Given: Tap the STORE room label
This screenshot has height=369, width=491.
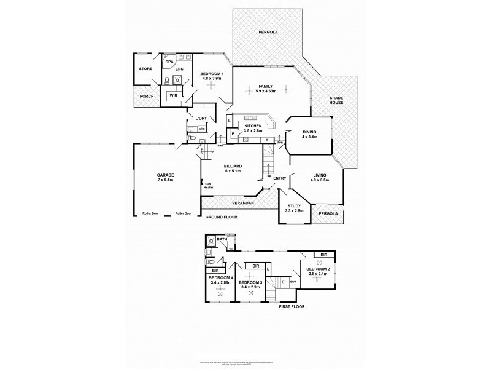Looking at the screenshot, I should [145, 69].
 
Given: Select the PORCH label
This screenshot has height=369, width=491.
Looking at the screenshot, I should [147, 96].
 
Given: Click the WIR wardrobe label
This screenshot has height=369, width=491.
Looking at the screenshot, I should [174, 96].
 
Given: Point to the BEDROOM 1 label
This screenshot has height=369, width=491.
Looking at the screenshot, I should [212, 74].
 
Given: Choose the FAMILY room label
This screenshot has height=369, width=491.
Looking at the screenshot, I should [266, 87].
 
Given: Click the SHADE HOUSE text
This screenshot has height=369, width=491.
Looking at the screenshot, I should [336, 101].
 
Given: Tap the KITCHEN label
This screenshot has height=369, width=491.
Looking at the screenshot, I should [253, 126].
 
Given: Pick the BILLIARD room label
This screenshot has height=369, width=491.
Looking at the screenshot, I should [233, 166].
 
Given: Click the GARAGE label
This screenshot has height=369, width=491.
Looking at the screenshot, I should [166, 175].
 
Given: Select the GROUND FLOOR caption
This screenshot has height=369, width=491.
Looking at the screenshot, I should [222, 218].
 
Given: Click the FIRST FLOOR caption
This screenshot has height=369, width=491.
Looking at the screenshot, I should [291, 306].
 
